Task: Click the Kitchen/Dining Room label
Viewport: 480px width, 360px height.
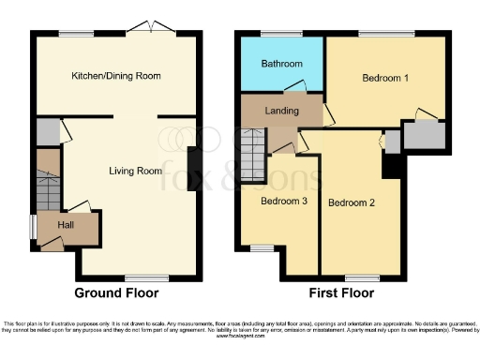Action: [116, 76]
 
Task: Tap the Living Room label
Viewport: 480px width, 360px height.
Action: [136, 171]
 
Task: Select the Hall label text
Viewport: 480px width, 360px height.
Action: [67, 225]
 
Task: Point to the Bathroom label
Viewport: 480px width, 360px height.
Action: [282, 64]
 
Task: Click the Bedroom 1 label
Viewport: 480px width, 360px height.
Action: [386, 78]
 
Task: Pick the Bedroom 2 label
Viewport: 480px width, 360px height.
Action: [352, 202]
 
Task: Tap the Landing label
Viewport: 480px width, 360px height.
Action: [281, 111]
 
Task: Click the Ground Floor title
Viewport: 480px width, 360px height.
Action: [116, 292]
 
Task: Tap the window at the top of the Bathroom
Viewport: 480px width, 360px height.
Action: [274, 35]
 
